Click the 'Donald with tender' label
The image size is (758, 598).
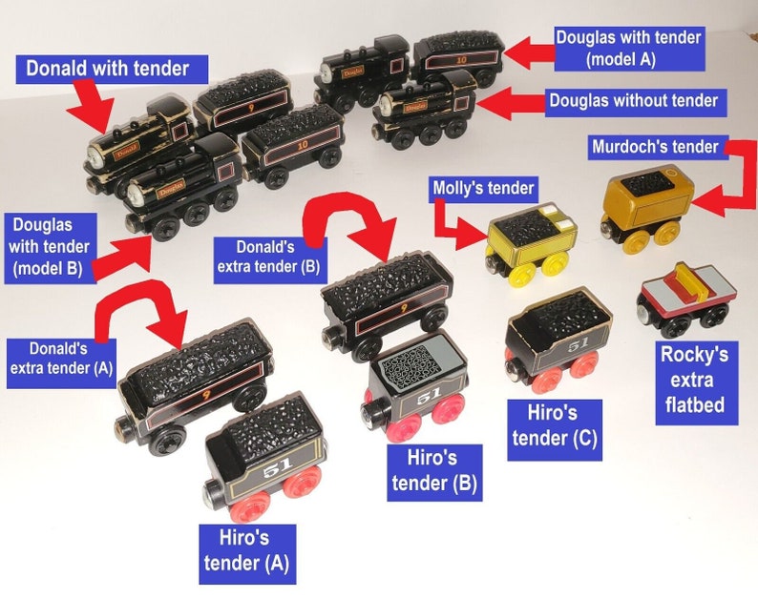pos(107,68)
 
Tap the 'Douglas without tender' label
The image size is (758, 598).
pos(631,99)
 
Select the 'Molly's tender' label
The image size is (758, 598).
pos(482,187)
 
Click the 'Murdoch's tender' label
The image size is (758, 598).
pos(654,147)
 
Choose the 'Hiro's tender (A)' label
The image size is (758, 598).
pos(246,551)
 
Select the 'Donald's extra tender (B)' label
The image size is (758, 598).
pos(267,259)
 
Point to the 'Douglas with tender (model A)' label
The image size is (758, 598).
pos(629,48)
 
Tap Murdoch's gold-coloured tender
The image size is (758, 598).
pos(646,205)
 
